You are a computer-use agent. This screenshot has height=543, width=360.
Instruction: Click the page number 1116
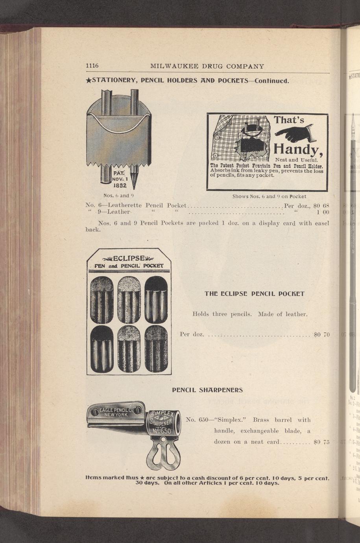(92, 66)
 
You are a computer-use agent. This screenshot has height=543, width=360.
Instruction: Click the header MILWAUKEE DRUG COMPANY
(207, 66)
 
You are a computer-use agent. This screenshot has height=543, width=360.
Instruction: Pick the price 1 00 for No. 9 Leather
(323, 212)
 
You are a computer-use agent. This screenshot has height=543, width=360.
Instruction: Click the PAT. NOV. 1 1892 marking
(119, 179)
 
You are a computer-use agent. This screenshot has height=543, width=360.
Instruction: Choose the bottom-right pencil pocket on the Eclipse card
(156, 349)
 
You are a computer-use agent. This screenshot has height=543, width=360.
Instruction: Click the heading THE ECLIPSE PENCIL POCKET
(255, 294)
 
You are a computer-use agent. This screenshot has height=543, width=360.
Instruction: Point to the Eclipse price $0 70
(321, 334)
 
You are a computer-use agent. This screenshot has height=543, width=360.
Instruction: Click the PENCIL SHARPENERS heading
(207, 390)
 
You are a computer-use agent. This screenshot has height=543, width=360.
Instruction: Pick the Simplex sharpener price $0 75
(321, 442)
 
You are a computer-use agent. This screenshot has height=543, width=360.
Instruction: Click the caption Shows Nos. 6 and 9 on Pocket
(269, 196)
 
